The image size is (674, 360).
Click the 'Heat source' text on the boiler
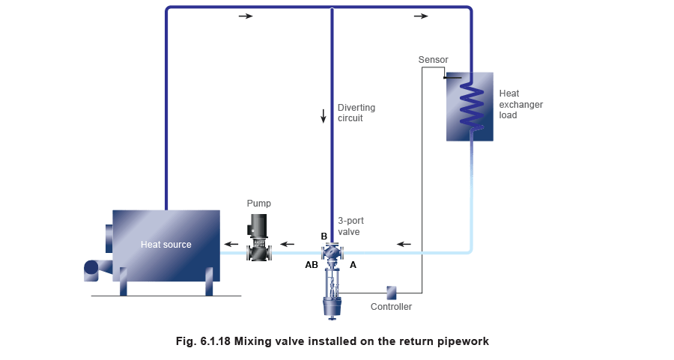pyautogui.click(x=166, y=245)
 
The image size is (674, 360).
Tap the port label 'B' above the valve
pyautogui.click(x=324, y=237)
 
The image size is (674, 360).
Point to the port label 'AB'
pyautogui.click(x=311, y=265)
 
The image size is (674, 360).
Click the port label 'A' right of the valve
pyautogui.click(x=353, y=265)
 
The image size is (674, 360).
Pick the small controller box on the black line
pyautogui.click(x=391, y=292)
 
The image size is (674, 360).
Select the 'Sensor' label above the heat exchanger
pyautogui.click(x=432, y=59)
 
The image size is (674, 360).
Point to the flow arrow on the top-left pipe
pyautogui.click(x=246, y=16)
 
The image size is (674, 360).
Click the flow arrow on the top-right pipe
pyautogui.click(x=421, y=16)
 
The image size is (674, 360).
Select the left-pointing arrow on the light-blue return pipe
pyautogui.click(x=404, y=244)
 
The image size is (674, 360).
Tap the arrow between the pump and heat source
pyautogui.click(x=232, y=244)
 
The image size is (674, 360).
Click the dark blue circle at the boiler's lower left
pyautogui.click(x=91, y=266)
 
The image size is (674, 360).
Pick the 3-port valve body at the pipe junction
pyautogui.click(x=332, y=253)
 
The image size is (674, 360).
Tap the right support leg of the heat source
pyautogui.click(x=209, y=285)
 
